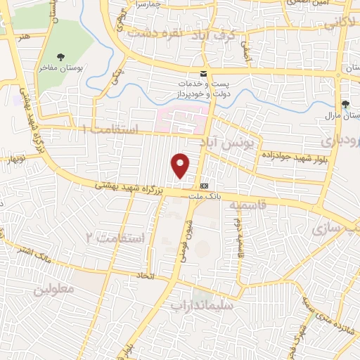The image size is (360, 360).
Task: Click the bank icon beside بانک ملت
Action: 205,186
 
